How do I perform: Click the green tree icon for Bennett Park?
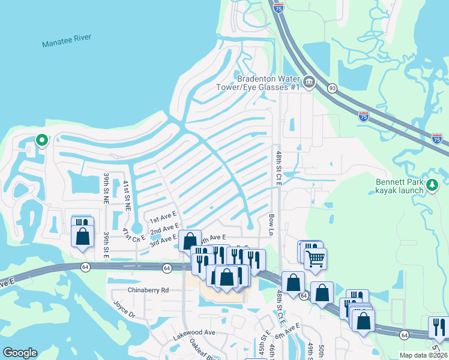(431, 185)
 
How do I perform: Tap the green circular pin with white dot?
(41, 140)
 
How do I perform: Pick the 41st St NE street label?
(127, 194)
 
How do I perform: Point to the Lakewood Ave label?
(194, 332)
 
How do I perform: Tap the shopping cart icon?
(315, 259)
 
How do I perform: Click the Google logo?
(20, 353)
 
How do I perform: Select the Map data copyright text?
(423, 355)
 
